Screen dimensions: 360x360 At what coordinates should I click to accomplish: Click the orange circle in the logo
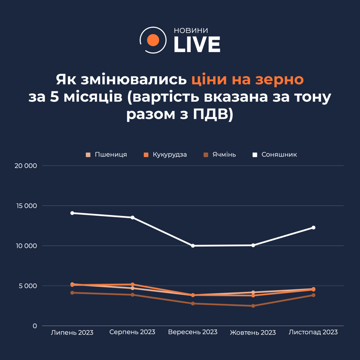[153, 40]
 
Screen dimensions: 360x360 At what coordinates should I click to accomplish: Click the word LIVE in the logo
[197, 45]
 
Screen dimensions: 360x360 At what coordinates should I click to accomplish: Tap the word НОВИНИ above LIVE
[191, 30]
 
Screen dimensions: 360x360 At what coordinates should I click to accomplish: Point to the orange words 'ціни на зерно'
[247, 79]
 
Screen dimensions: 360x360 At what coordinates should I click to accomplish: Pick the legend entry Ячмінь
[223, 154]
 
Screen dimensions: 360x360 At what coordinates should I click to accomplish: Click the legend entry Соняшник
[279, 154]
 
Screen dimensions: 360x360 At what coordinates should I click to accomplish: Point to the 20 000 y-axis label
[26, 166]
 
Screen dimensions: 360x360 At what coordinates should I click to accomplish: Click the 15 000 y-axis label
[26, 206]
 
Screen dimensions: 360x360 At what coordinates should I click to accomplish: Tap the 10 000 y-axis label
[26, 246]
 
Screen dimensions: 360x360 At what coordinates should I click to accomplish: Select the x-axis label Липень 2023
[72, 332]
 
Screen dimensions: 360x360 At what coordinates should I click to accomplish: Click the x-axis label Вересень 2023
[193, 332]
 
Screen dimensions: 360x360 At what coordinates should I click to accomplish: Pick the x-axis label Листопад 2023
[313, 332]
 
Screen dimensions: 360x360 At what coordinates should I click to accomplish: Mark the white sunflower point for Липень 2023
[72, 213]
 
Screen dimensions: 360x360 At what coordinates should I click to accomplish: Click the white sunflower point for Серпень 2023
[133, 217]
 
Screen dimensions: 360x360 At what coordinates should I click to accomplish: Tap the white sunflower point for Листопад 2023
[314, 227]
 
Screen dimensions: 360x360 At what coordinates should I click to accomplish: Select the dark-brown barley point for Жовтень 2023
[253, 306]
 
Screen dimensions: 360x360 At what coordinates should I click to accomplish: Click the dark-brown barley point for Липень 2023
[72, 292]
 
